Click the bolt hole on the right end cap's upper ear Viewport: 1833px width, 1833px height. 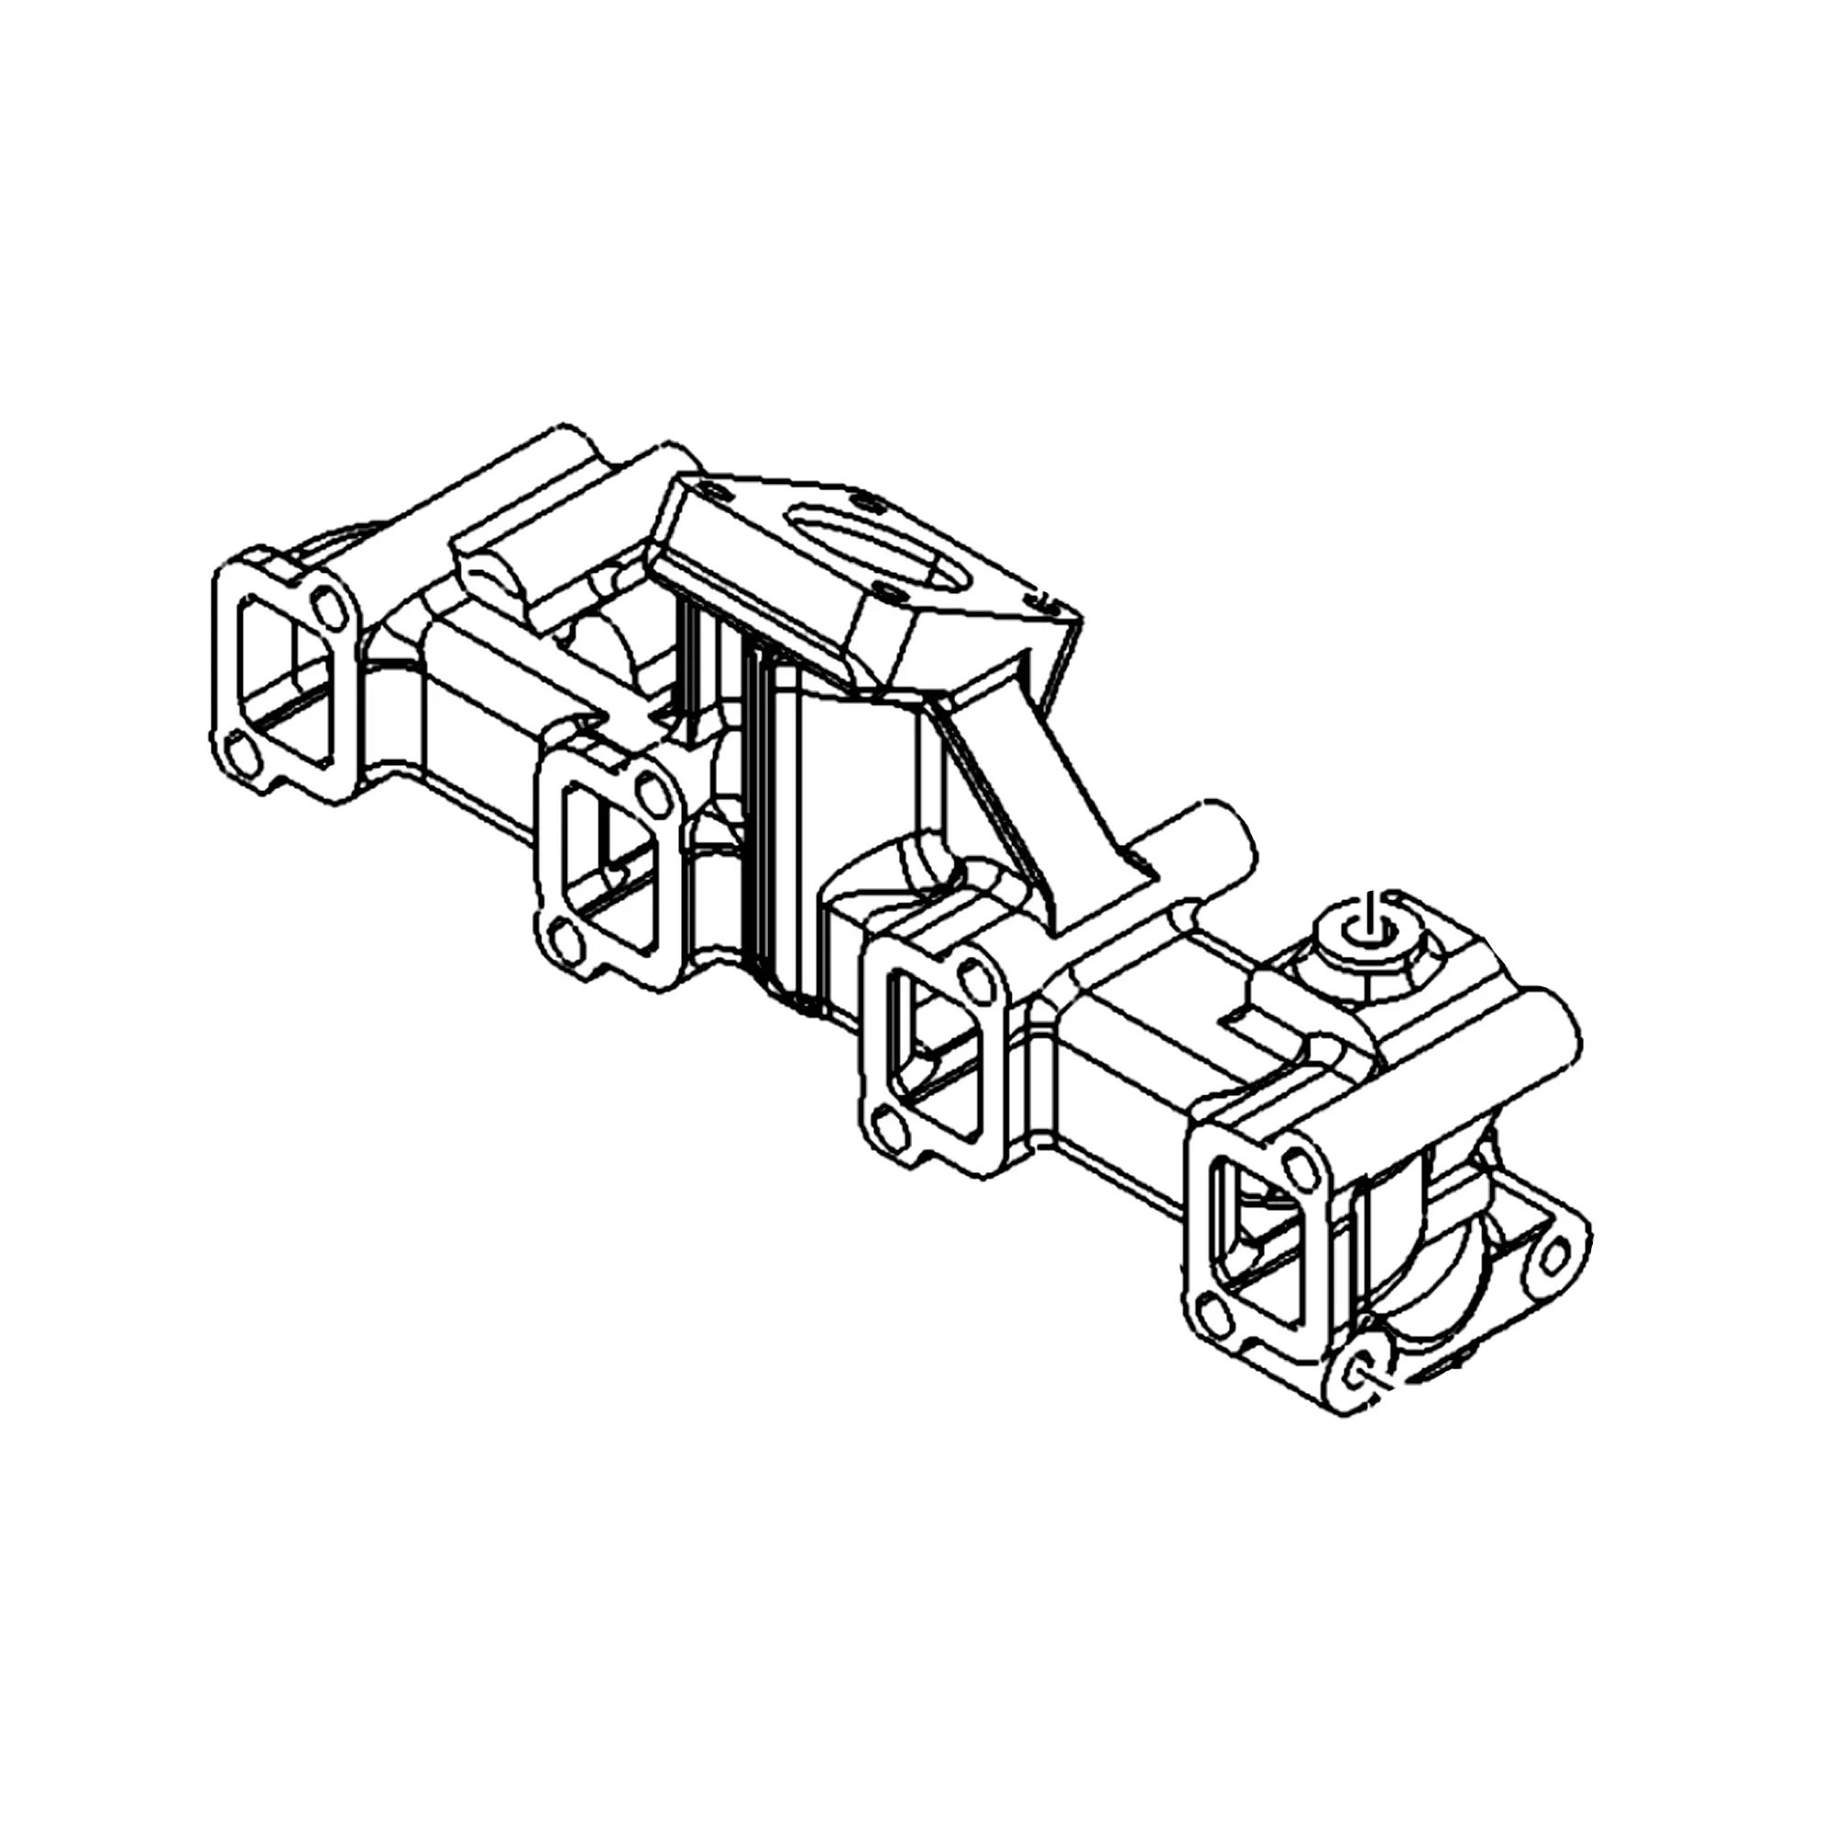coord(1553,1258)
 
